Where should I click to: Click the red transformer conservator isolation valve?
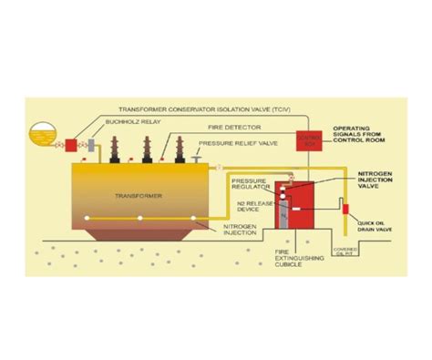click(x=69, y=144)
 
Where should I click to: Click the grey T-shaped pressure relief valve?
click(x=200, y=160)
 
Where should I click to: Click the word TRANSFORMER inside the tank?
click(x=133, y=194)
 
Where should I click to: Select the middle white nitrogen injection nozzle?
click(x=139, y=219)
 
